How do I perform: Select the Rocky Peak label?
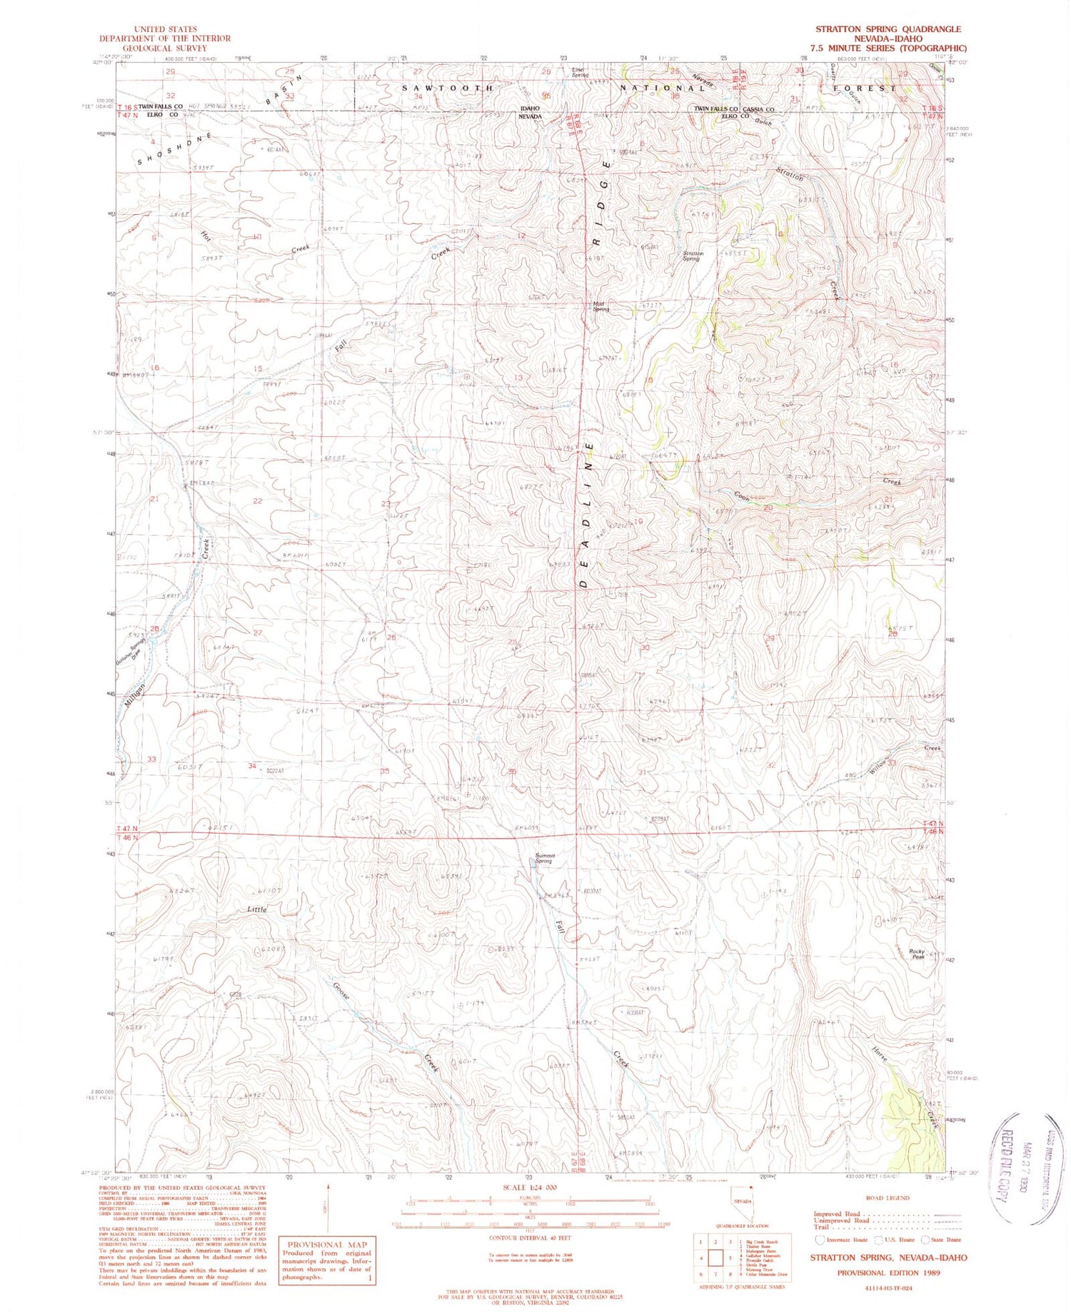[917, 954]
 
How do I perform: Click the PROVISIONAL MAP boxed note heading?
[326, 1244]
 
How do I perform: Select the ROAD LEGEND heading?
[887, 1197]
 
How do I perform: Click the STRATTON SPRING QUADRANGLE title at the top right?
[888, 29]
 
